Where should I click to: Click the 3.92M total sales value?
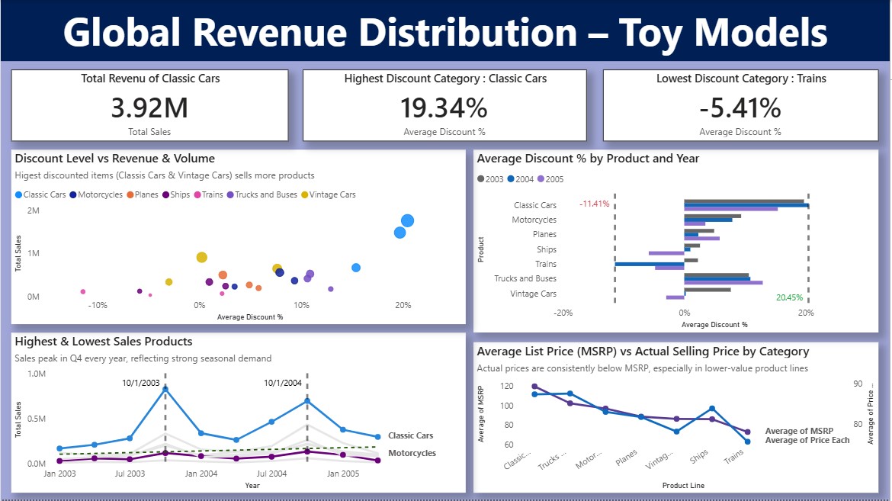[149, 108]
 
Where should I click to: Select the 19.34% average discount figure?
[444, 108]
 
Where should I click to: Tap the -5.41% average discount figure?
[740, 108]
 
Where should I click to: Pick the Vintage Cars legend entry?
[332, 194]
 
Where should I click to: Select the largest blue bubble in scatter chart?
[407, 220]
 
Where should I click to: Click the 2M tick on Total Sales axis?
[33, 210]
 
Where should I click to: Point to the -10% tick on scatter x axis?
[98, 305]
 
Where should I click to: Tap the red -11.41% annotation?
[594, 204]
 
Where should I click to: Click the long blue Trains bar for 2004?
[649, 264]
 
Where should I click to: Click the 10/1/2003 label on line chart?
[141, 383]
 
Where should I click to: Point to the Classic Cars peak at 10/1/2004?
[307, 400]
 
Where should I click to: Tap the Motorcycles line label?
[412, 453]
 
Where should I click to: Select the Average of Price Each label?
[807, 441]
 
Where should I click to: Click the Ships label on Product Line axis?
[698, 458]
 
